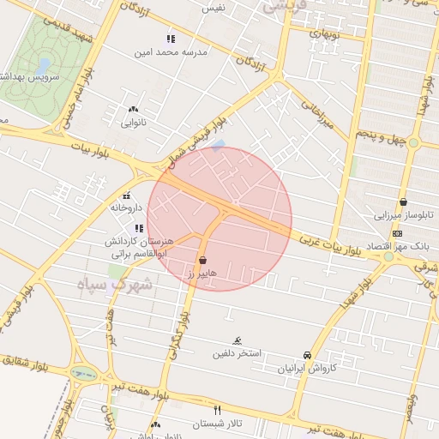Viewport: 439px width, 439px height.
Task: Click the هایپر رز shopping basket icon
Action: click(x=203, y=260)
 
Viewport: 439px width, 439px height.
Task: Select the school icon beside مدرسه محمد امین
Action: click(x=171, y=39)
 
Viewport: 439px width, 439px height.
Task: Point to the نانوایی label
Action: click(x=133, y=123)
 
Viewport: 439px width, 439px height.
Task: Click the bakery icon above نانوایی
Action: click(x=132, y=110)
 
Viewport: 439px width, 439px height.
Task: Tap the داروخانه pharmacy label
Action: click(x=125, y=207)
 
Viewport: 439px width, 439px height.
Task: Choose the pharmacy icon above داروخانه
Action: click(x=127, y=195)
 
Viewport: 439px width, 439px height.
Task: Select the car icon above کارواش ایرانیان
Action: click(x=307, y=355)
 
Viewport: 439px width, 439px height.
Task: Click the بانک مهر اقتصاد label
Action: click(x=395, y=247)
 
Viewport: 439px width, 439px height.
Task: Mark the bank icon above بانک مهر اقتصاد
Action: click(x=397, y=233)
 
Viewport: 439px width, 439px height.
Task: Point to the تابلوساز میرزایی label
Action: click(x=401, y=215)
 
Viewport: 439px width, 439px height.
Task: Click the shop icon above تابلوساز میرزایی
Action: click(x=403, y=202)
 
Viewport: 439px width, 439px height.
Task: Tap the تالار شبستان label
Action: click(x=217, y=424)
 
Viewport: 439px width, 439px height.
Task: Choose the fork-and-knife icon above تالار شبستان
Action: click(x=217, y=411)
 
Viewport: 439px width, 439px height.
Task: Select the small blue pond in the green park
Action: click(x=43, y=65)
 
